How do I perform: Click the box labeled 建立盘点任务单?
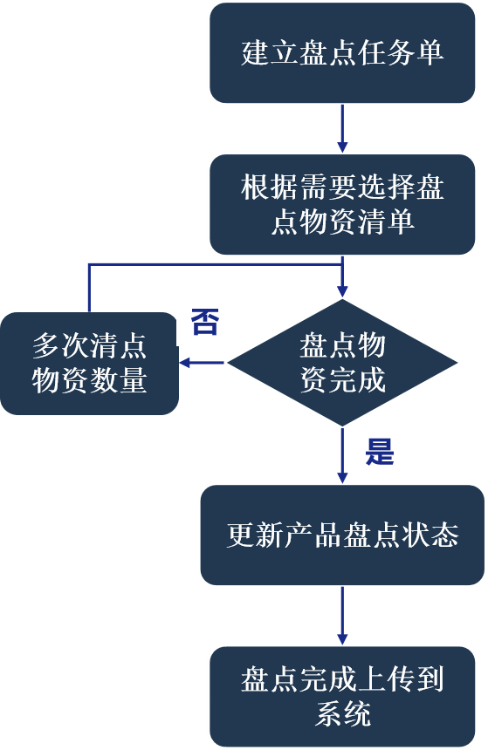342,52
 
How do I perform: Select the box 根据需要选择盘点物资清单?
342,204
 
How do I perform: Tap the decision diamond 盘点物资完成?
342,363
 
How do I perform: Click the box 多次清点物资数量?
89,363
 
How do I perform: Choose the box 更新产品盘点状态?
342,535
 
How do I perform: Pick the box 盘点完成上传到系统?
342,696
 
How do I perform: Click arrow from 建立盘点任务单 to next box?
342,128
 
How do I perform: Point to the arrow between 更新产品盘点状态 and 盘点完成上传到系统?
342,615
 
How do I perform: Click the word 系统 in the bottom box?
342,713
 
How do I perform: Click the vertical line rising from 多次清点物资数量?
89,288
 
